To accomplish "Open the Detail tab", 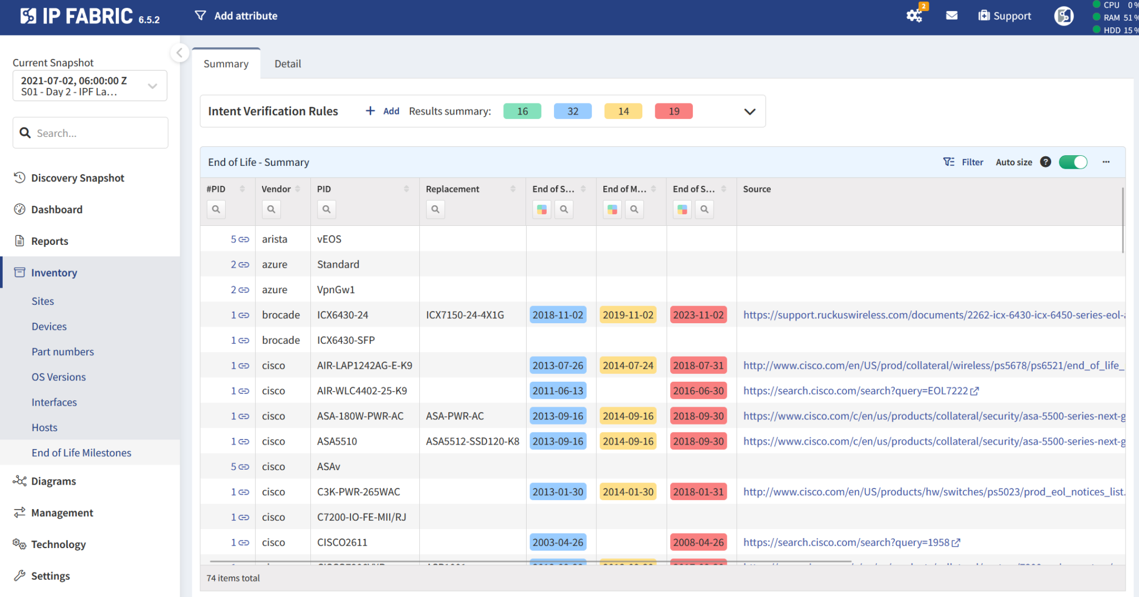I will pyautogui.click(x=288, y=64).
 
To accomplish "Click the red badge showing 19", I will pyautogui.click(x=674, y=111).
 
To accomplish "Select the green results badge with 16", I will pyautogui.click(x=522, y=111).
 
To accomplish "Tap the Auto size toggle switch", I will pyautogui.click(x=1073, y=162).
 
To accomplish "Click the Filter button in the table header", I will pyautogui.click(x=964, y=162).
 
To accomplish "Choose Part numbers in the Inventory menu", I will pyautogui.click(x=63, y=352).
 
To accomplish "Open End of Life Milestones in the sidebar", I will pyautogui.click(x=81, y=453).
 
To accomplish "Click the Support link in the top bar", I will pyautogui.click(x=1005, y=16).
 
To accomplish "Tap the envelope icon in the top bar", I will pyautogui.click(x=952, y=16).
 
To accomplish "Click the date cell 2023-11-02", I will pyautogui.click(x=699, y=315).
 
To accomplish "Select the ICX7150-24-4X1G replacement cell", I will pyautogui.click(x=465, y=315).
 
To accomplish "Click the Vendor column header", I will pyautogui.click(x=276, y=189).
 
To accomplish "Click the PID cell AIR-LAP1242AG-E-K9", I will pyautogui.click(x=364, y=366).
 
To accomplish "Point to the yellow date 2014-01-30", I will pyautogui.click(x=628, y=492).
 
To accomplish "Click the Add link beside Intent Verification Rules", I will pyautogui.click(x=383, y=111).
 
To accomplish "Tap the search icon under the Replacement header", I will pyautogui.click(x=435, y=209).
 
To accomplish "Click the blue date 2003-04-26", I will pyautogui.click(x=558, y=542).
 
